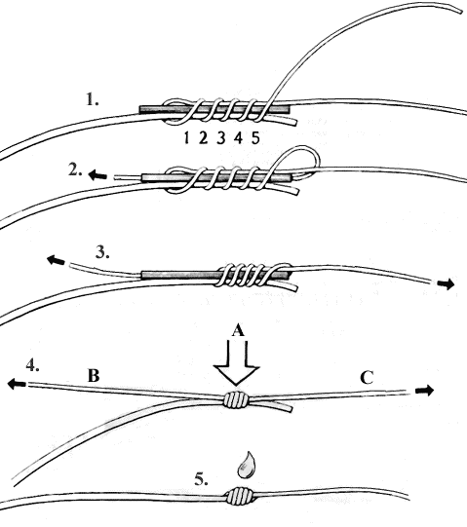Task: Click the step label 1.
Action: pos(93,99)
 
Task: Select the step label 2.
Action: pos(75,170)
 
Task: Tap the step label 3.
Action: pos(102,252)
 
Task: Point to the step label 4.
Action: pos(32,365)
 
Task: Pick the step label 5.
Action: pos(201,479)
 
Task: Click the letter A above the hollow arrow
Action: pos(238,331)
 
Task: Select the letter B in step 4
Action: pos(94,376)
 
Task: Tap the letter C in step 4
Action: pos(367,378)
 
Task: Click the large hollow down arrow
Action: pos(237,363)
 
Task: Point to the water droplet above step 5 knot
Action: pos(247,466)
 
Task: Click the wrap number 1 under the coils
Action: pos(186,137)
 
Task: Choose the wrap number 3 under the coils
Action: pos(220,137)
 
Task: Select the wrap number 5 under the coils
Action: pos(255,137)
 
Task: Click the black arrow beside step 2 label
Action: pos(97,175)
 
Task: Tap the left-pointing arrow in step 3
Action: pos(56,260)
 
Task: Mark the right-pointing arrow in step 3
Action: pos(446,284)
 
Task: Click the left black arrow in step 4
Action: pos(17,384)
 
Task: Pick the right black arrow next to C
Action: pos(425,391)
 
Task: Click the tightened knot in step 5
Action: pos(240,497)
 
